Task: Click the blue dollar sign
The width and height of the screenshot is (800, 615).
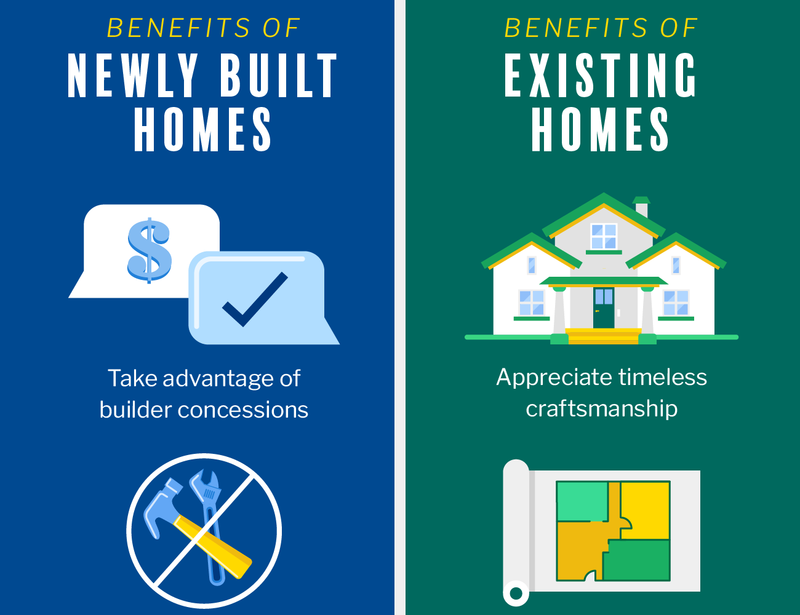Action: pyautogui.click(x=149, y=250)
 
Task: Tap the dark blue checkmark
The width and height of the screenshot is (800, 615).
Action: pyautogui.click(x=255, y=300)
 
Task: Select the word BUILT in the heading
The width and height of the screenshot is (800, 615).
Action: pyautogui.click(x=279, y=76)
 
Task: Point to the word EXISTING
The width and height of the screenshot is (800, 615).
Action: pyautogui.click(x=600, y=75)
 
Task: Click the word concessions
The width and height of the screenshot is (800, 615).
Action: pyautogui.click(x=242, y=410)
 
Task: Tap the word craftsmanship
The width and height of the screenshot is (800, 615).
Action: pyautogui.click(x=602, y=409)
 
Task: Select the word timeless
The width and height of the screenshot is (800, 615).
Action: pyautogui.click(x=662, y=377)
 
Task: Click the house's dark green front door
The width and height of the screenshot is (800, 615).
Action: pyautogui.click(x=604, y=308)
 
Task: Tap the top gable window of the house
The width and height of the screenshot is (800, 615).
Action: pyautogui.click(x=604, y=236)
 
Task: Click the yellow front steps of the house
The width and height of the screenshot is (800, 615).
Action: pyautogui.click(x=604, y=336)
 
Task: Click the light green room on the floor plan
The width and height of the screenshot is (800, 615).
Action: pyautogui.click(x=582, y=501)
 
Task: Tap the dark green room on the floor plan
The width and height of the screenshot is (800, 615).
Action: pyautogui.click(x=636, y=560)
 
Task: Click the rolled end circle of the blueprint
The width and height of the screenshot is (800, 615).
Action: pyautogui.click(x=516, y=593)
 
